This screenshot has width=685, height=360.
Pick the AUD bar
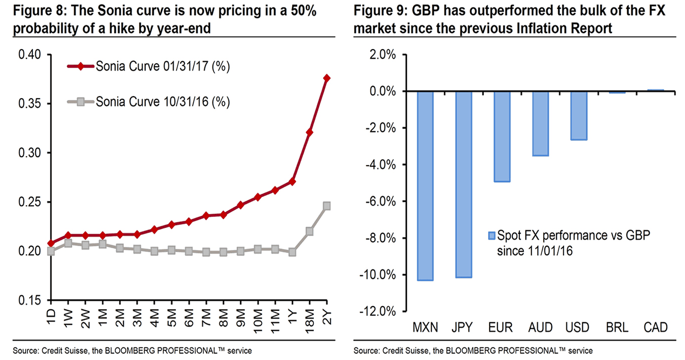541,124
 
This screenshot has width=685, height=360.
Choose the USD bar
579,116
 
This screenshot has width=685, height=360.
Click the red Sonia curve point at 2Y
327,78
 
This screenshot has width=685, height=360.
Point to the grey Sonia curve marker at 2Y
327,206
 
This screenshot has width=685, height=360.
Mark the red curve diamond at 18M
310,132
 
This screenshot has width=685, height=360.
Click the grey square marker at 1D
51,251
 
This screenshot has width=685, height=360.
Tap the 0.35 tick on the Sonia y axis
30,104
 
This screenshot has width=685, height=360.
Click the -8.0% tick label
380,238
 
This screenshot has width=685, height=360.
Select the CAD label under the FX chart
656,327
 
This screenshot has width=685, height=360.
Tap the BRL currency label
618,327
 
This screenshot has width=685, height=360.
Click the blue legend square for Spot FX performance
491,236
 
